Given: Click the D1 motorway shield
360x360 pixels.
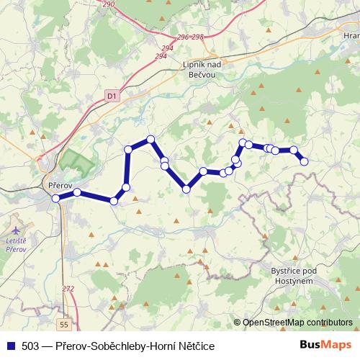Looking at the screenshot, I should click(x=111, y=94).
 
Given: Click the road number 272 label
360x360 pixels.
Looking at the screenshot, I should click(x=68, y=289).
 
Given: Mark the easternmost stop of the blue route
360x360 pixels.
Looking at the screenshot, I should click(x=304, y=161).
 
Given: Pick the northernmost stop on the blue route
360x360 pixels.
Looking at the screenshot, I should click(x=150, y=139).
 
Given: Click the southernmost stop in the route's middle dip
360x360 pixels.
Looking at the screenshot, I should click(x=186, y=189).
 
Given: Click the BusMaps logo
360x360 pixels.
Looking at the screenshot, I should click(x=325, y=346).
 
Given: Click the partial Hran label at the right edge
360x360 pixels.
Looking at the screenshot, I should click(x=351, y=35).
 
